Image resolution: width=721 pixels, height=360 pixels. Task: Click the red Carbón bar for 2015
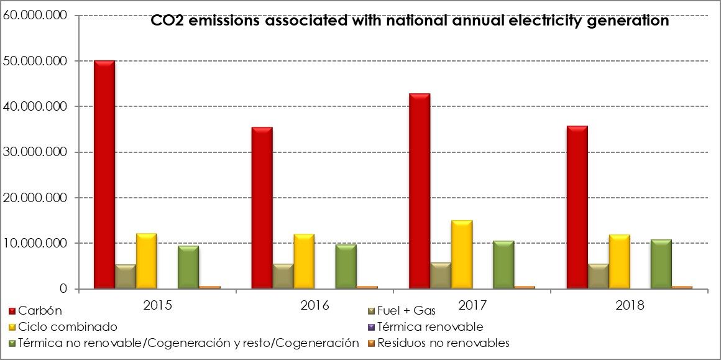point(104,175)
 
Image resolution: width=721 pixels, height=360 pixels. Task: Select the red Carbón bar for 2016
point(262,208)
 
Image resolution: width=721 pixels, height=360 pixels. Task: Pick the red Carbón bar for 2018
point(577,208)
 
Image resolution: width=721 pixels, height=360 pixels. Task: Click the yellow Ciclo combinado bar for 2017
point(461,255)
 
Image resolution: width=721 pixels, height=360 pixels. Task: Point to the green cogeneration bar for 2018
point(661,264)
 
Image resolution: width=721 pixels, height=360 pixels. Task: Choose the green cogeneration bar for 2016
point(346,267)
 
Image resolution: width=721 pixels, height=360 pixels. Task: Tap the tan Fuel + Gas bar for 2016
point(283,277)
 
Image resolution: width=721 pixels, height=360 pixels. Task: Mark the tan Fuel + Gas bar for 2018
point(598,277)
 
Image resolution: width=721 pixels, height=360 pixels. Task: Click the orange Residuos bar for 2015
point(209,287)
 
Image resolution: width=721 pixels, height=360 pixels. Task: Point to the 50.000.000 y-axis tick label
point(35,61)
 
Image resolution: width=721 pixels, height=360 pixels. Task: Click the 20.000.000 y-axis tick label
point(35,198)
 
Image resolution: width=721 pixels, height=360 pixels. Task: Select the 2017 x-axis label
point(472,305)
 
